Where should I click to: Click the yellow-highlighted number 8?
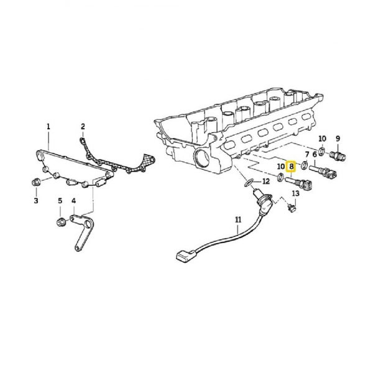[x=291, y=167]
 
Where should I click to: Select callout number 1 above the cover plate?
[x=48, y=127]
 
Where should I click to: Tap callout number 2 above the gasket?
[x=82, y=127]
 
